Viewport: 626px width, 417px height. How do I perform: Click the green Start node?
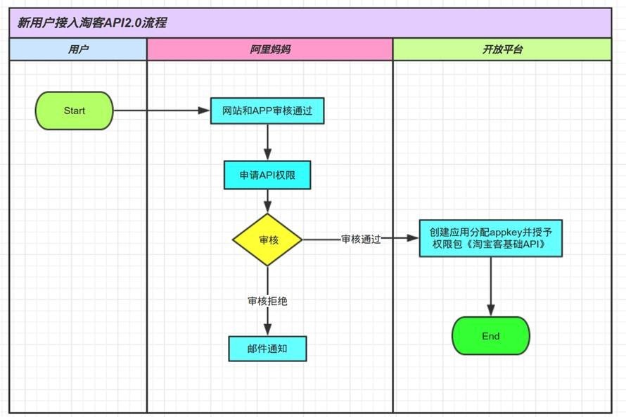point(74,111)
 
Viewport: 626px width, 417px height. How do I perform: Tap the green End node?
point(490,336)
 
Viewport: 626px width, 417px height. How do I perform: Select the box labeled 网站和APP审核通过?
point(267,111)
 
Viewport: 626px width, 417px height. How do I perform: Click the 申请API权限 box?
point(267,175)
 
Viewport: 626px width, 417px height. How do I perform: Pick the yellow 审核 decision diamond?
point(267,239)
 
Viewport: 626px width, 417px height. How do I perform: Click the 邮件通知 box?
point(267,348)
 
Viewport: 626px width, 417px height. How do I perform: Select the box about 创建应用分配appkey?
point(490,238)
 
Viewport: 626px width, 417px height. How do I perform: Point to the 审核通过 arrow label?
point(361,239)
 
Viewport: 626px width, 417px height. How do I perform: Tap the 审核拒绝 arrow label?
point(267,301)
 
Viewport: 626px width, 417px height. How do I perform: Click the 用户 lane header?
point(78,50)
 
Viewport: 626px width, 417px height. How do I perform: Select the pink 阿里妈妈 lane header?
point(269,50)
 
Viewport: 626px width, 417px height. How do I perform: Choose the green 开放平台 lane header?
point(502,50)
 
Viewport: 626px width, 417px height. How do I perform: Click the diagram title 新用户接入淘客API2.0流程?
point(92,23)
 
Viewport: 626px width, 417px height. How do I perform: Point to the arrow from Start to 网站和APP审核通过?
point(162,111)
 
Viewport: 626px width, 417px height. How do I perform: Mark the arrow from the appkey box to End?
point(490,285)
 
